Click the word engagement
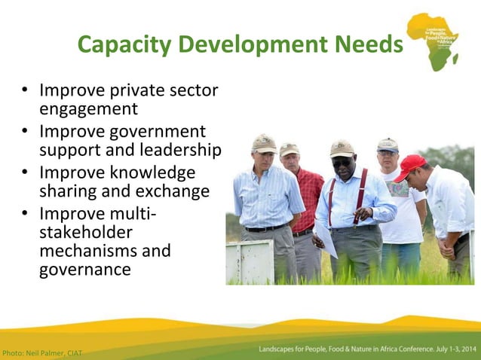tap(88, 109)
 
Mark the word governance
tap(85, 270)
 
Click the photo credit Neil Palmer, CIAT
tap(42, 352)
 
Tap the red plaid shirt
tap(308, 195)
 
